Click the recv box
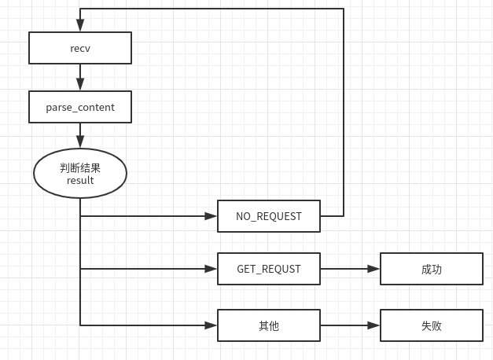click(79, 48)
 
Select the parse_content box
click(79, 107)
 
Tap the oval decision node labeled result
click(79, 174)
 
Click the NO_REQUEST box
click(268, 216)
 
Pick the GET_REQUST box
click(268, 269)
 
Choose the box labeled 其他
click(268, 325)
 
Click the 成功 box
click(431, 269)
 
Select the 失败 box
click(431, 325)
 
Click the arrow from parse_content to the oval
click(79, 135)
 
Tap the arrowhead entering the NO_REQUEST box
click(211, 215)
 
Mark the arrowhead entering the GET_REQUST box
click(211, 269)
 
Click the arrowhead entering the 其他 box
click(211, 325)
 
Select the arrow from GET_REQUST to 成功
click(350, 269)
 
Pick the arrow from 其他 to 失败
click(350, 325)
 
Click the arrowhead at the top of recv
click(79, 27)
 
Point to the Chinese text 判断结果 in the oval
click(79, 168)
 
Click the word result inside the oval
click(79, 181)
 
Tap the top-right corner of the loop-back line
click(344, 9)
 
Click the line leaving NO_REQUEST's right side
click(332, 215)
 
